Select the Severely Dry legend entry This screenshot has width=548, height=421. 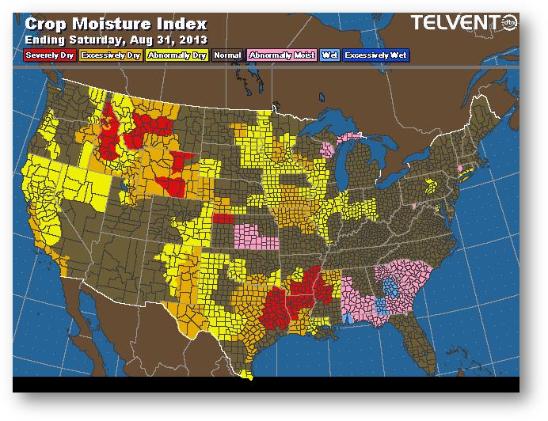coord(49,55)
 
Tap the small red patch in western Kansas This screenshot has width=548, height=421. coord(223,218)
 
